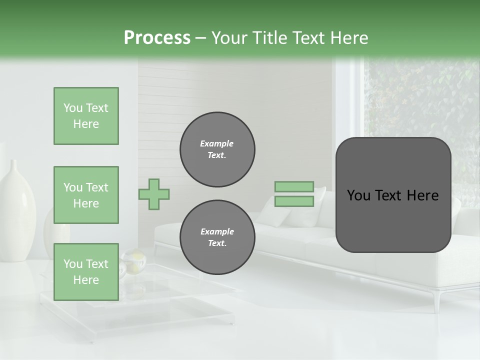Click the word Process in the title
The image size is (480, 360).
[x=157, y=37]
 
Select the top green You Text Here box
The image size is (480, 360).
[x=86, y=116]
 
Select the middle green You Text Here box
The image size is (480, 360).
[x=86, y=195]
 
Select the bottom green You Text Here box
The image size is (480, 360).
[x=86, y=272]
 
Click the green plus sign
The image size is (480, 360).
[x=154, y=194]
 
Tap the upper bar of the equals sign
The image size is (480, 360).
[x=294, y=186]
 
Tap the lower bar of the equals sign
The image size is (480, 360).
[x=294, y=201]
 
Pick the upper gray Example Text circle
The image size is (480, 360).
[x=217, y=149]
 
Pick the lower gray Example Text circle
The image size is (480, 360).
[x=217, y=237]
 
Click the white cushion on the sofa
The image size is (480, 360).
[x=300, y=210]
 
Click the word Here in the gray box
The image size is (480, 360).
[x=422, y=195]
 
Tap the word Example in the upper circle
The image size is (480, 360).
[x=216, y=143]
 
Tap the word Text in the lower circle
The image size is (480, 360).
[x=216, y=243]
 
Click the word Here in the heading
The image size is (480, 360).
[x=348, y=38]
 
